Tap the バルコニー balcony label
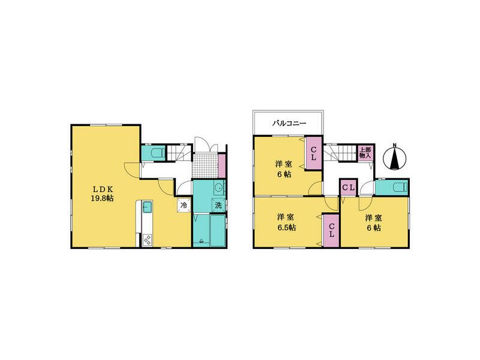[x=290, y=123]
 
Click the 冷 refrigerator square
[x=183, y=205]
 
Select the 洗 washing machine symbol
[x=218, y=205]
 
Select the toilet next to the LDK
[x=155, y=154]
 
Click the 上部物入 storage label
[x=364, y=152]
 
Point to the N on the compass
[x=395, y=145]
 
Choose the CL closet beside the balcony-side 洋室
[x=313, y=153]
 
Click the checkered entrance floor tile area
[x=206, y=164]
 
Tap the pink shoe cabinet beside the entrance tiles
[x=221, y=163]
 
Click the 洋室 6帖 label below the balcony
[x=284, y=169]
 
